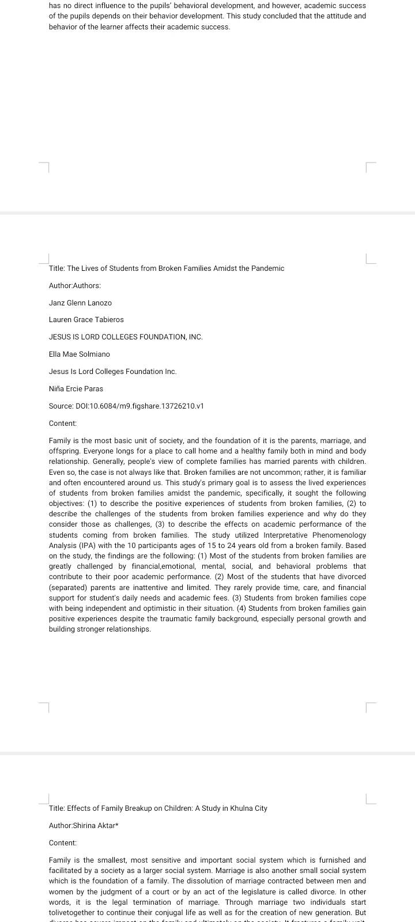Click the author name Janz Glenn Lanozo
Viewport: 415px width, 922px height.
pos(80,303)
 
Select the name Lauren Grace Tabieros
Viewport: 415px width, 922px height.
pos(86,320)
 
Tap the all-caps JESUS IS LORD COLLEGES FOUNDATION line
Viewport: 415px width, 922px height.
pos(126,337)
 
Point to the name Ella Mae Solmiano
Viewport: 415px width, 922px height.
pos(79,354)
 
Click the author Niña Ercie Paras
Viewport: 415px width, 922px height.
pos(76,389)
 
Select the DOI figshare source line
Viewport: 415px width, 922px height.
pos(126,406)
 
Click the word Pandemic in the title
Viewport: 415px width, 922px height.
pos(266,269)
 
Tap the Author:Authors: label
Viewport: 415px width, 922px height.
pos(75,286)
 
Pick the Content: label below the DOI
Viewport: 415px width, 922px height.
pos(63,424)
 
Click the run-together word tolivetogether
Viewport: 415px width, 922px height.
pos(74,913)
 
